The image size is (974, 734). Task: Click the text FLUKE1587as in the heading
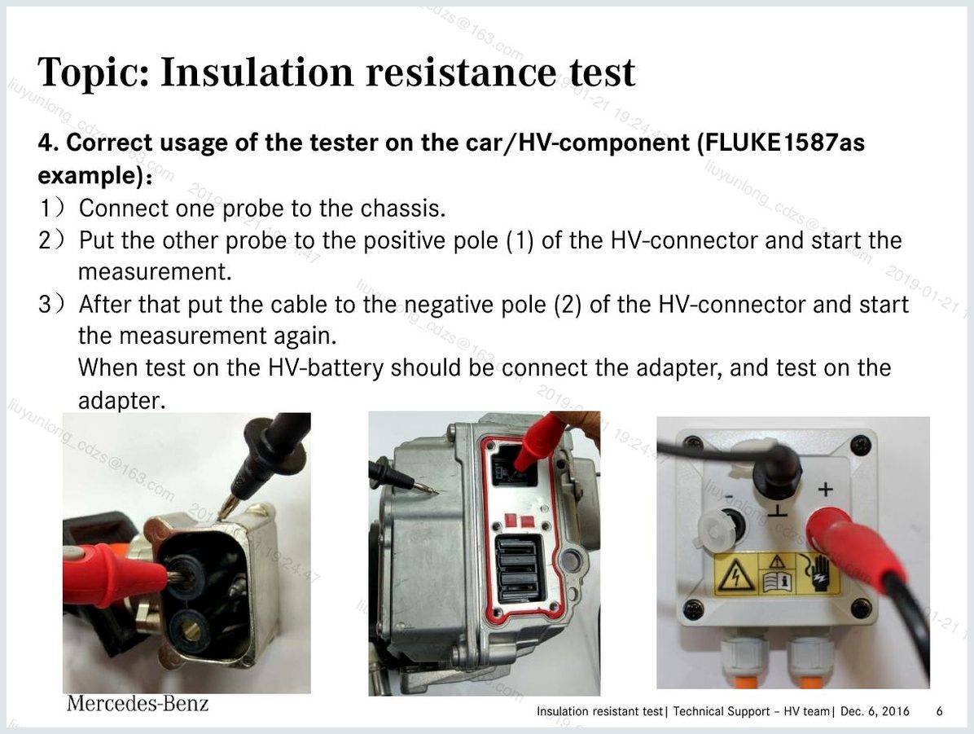(x=782, y=143)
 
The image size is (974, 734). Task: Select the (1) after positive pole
(x=520, y=241)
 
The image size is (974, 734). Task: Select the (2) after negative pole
(x=567, y=305)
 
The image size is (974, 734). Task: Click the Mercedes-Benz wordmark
(x=138, y=704)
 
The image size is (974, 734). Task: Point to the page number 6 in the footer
(x=939, y=711)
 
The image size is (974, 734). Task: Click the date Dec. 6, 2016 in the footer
(x=875, y=711)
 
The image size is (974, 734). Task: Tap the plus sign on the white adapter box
(x=825, y=490)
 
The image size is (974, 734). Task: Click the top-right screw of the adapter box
(x=860, y=444)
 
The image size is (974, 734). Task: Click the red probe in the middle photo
(x=538, y=445)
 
